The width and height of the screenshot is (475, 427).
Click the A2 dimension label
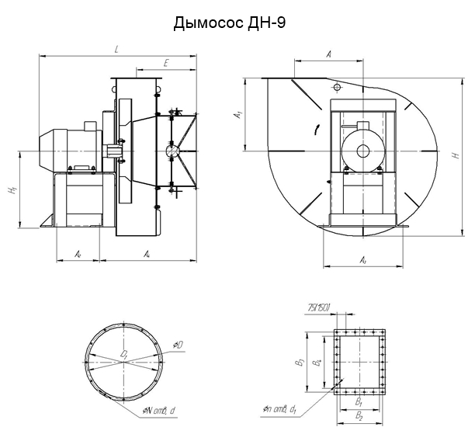[x=78, y=254]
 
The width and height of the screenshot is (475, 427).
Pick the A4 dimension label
[x=147, y=254]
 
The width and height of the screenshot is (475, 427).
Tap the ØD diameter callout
[x=179, y=344]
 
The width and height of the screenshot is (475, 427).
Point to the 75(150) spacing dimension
[x=319, y=308]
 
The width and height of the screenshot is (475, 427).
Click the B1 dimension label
[x=359, y=404]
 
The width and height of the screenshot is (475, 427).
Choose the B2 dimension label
[x=359, y=417]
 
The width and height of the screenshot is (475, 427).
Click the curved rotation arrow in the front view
[x=316, y=128]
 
